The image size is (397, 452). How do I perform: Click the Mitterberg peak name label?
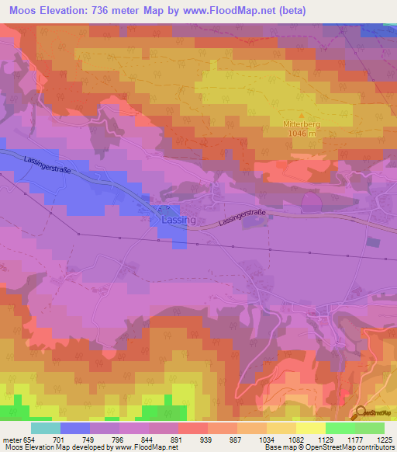(x=301, y=123)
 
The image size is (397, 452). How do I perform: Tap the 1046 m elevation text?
(x=301, y=133)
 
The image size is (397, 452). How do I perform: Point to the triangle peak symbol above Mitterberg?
(x=301, y=113)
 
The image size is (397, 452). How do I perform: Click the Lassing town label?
(x=178, y=221)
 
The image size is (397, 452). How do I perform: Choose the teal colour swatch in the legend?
(x=46, y=428)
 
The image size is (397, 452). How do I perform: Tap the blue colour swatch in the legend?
(x=75, y=428)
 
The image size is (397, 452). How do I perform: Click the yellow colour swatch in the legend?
(x=311, y=428)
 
